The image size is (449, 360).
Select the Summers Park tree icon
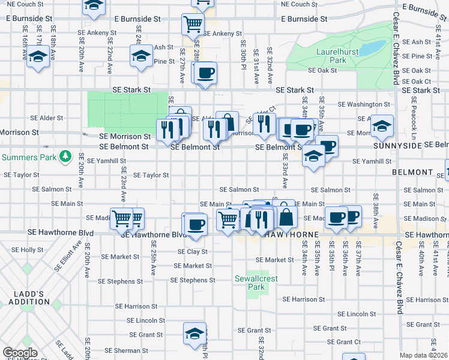point(65,157)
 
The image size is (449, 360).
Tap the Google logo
point(20,353)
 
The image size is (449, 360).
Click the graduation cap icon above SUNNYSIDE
point(381,127)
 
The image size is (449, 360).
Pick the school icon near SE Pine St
point(140,56)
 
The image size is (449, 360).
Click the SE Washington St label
point(364,104)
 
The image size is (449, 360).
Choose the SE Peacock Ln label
point(415,125)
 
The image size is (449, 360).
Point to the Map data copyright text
point(423,355)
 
